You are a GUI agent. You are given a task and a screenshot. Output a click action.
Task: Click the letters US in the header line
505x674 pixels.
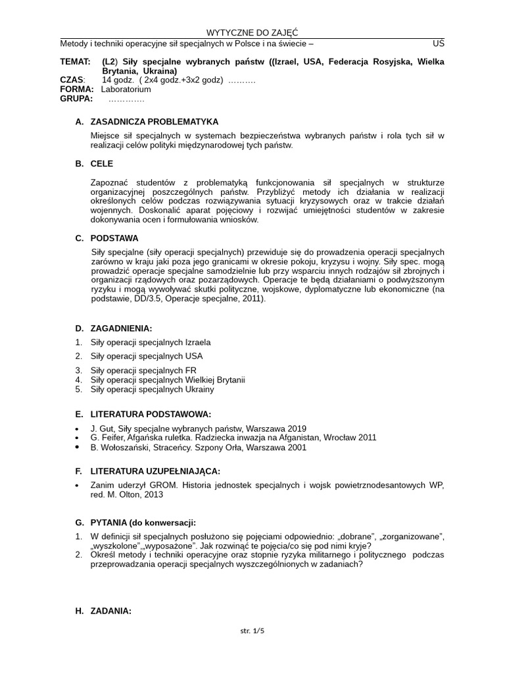click(439, 43)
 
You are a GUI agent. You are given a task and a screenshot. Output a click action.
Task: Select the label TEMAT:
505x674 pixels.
click(75, 62)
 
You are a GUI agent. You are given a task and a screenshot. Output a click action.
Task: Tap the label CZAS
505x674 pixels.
click(72, 80)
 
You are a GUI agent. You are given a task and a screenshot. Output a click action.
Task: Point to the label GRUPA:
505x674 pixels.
click(76, 99)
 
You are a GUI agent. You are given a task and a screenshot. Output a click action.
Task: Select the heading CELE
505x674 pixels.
click(102, 163)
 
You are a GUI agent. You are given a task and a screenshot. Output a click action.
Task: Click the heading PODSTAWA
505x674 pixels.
click(114, 238)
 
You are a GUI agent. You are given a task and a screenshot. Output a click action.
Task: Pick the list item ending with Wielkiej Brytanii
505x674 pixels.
click(168, 380)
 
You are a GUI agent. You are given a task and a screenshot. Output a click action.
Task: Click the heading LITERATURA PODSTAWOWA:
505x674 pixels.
click(151, 414)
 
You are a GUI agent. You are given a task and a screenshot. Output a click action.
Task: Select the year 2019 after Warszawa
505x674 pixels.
click(295, 428)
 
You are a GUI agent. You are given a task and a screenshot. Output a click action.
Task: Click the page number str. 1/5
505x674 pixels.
click(252, 631)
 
